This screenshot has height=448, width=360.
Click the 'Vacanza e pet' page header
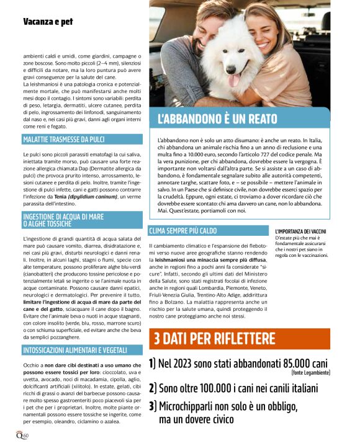[48, 22]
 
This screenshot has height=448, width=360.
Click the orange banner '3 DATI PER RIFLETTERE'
[214, 338]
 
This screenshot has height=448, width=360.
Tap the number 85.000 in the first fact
[281, 364]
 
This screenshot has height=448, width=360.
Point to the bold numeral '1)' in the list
[153, 364]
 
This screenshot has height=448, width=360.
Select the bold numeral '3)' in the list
[153, 407]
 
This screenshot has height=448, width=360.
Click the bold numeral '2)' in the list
[153, 388]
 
